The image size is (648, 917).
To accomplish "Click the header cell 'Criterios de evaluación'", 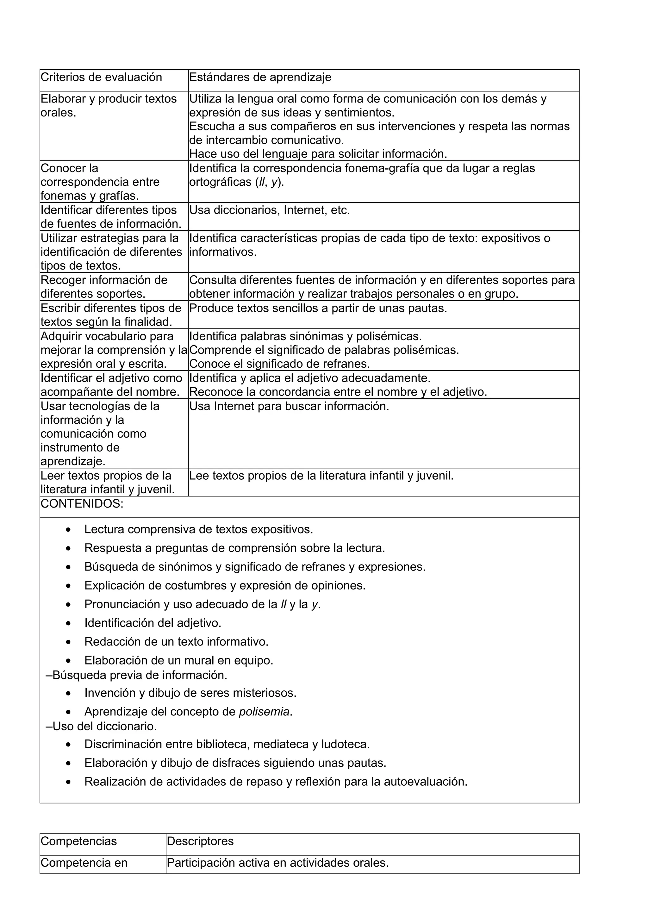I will click(x=102, y=78).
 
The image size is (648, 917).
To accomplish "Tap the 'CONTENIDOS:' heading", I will click(x=82, y=504).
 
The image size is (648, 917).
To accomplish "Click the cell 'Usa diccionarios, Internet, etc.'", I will click(x=270, y=210).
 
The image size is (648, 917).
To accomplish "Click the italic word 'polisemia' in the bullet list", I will click(x=264, y=711).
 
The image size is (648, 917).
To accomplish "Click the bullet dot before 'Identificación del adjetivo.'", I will click(x=69, y=623).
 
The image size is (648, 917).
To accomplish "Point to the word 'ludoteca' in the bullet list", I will click(x=345, y=744).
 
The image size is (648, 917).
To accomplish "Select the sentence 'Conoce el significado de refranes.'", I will click(x=279, y=364).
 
